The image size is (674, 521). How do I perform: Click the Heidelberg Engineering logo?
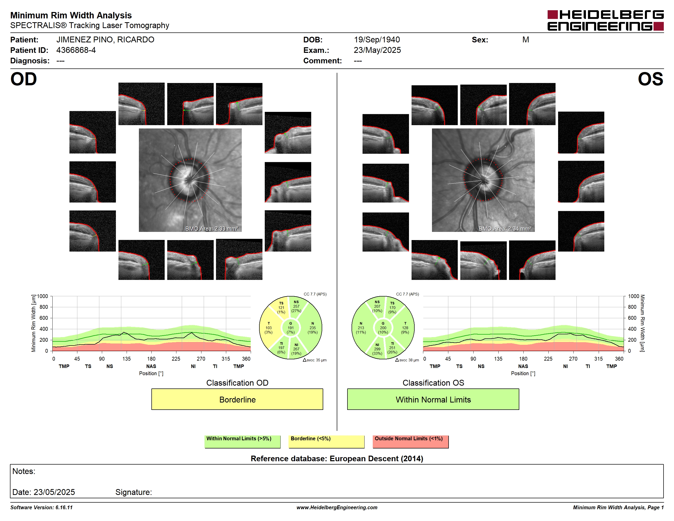tap(606, 20)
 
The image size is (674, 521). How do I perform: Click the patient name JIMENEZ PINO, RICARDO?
tap(105, 40)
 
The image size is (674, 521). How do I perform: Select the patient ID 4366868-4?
tap(76, 50)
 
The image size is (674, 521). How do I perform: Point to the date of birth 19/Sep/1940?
tap(377, 40)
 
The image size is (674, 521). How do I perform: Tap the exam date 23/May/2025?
tap(377, 50)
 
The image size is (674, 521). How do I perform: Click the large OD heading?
tap(23, 79)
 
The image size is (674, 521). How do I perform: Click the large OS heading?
tap(651, 79)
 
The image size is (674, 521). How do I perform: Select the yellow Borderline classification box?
tap(237, 399)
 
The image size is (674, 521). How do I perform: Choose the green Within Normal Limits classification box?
tap(433, 399)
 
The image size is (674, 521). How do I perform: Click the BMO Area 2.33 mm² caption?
tap(212, 229)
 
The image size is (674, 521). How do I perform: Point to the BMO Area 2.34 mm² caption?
tap(505, 229)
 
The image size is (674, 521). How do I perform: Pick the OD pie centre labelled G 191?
tap(290, 328)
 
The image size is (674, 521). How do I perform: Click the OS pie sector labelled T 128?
tap(405, 328)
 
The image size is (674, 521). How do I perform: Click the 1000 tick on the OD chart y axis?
tap(43, 296)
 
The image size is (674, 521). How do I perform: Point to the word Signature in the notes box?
tap(133, 492)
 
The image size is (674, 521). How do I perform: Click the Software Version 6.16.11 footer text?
tap(41, 507)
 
